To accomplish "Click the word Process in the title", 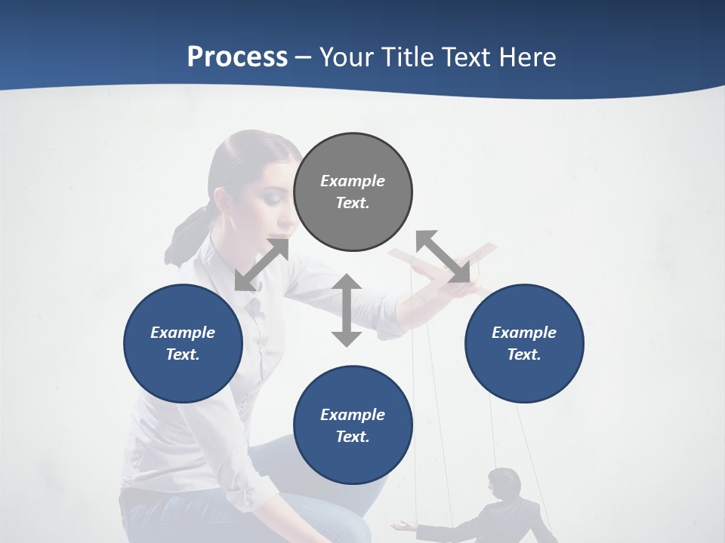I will pos(237,57).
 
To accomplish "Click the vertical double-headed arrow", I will pos(347,310).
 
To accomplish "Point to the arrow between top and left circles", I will pos(262,264).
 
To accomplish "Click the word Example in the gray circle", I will pos(353,181).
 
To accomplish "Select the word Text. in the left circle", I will pos(183,354).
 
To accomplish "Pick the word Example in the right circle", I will pos(524,333).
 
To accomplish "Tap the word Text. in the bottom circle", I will pos(353,437).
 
